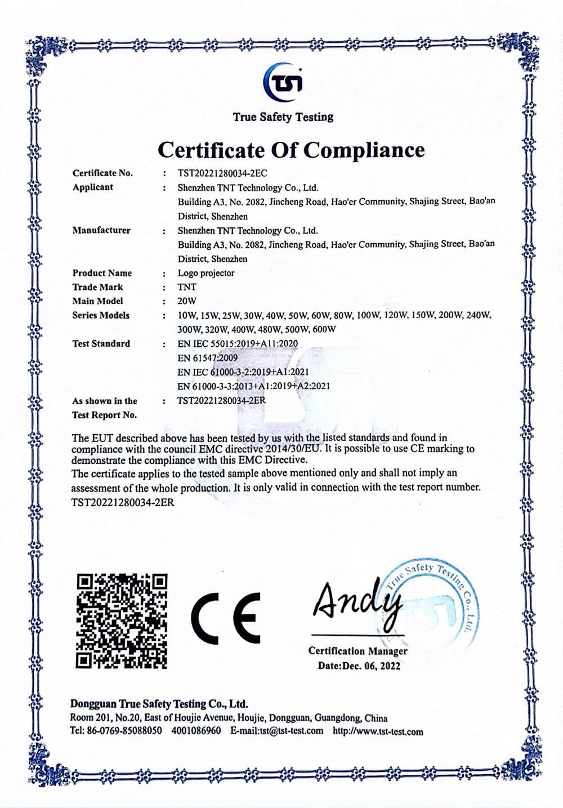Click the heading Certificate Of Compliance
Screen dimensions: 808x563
[x=291, y=150]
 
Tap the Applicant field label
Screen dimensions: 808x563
[x=92, y=188]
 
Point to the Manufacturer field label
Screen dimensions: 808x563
[x=101, y=230]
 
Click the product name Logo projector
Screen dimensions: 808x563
[x=206, y=273]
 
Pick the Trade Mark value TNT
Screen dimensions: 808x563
[x=187, y=287]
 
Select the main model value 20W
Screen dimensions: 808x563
[x=187, y=301]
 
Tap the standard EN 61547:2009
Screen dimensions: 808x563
[x=207, y=358]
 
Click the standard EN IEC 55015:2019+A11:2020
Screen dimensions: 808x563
[x=238, y=343]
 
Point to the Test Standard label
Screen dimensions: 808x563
[x=101, y=343]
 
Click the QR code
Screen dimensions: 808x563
[x=122, y=620]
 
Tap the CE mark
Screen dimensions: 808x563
[x=226, y=618]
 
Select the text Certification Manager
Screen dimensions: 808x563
[x=358, y=651]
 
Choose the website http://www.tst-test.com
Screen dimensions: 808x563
[x=378, y=732]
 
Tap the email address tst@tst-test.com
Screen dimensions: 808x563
[x=291, y=731]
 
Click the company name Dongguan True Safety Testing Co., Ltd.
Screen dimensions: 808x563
[x=159, y=704]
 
